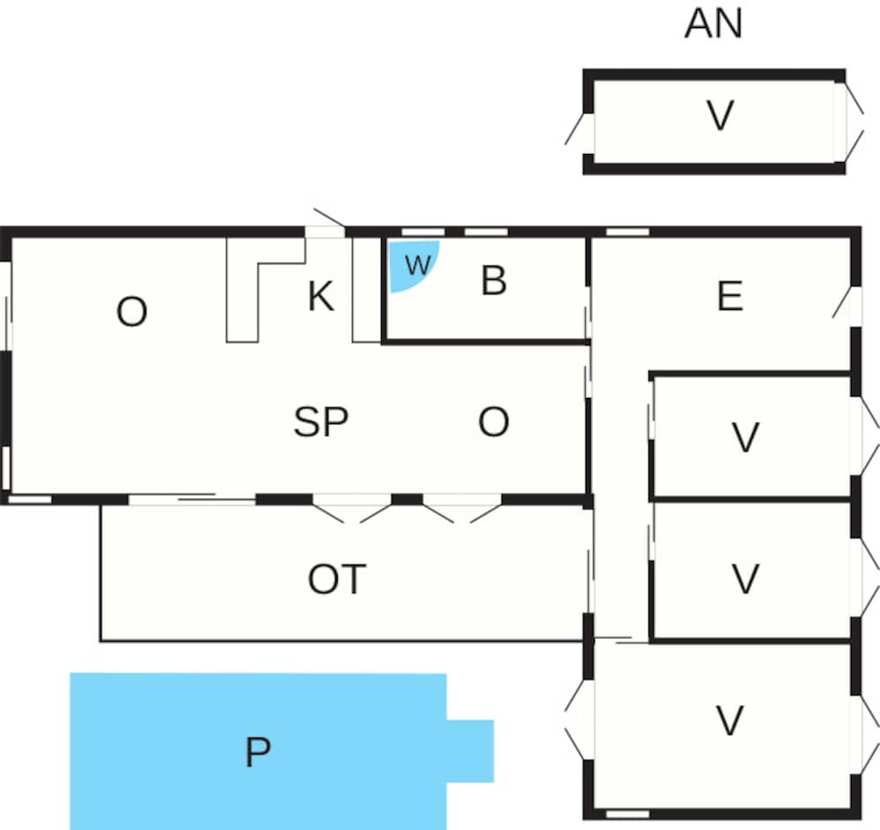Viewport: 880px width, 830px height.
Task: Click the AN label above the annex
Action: point(714,24)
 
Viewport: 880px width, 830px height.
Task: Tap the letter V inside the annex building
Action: point(720,115)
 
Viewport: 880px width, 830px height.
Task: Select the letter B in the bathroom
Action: point(494,280)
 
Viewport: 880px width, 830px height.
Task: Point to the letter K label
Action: point(321,296)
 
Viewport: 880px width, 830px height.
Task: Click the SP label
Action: point(321,422)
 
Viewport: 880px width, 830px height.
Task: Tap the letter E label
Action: point(730,296)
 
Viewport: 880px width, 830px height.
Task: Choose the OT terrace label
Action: point(337,580)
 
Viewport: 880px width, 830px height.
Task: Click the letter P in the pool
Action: point(258,752)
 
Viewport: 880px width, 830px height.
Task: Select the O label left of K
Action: point(132,312)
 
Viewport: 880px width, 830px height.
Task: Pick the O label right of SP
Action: point(494,422)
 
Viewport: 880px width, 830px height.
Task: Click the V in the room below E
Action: point(746,437)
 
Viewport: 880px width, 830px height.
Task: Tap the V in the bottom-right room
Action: point(730,721)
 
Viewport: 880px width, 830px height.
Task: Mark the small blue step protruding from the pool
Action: point(470,751)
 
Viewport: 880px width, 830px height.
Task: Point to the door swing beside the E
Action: point(841,303)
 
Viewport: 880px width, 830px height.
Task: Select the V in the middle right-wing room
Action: point(746,579)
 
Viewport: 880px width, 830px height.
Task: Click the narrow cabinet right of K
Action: point(366,290)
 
